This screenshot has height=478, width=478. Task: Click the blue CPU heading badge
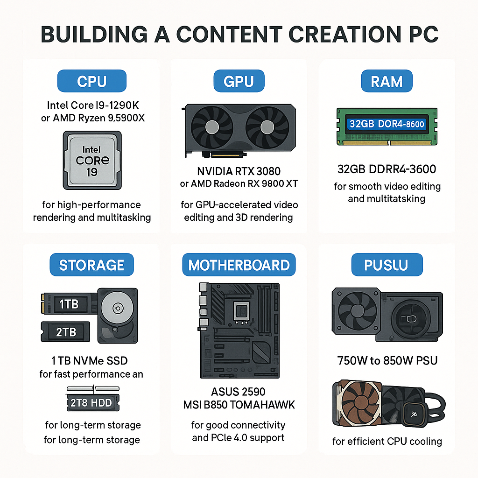92,81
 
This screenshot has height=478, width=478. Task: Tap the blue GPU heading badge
239,81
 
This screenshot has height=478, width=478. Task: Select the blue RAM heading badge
387,81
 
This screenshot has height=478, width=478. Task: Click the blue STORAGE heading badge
92,265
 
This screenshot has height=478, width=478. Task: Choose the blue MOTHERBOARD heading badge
239,265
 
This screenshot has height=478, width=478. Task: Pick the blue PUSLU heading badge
387,265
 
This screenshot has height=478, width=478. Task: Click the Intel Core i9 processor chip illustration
92,161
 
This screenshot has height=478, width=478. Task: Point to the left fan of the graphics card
212,127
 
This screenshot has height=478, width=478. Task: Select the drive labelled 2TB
65,332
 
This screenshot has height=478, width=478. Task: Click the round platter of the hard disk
117,308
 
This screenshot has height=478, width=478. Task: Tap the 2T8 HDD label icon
93,400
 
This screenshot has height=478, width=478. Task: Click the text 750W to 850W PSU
387,361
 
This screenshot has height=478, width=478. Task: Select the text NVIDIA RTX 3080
239,171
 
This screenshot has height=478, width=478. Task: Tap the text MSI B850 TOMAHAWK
239,405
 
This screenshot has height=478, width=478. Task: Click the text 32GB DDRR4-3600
387,169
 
